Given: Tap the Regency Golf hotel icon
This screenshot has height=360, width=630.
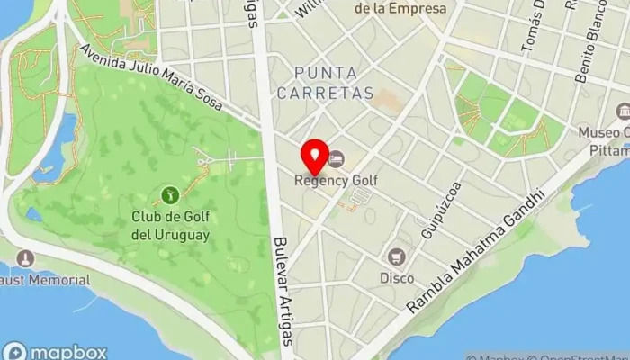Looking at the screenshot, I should [336, 159].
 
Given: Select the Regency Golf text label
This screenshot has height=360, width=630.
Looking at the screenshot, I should [336, 180].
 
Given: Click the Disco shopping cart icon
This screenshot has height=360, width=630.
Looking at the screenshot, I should [397, 256].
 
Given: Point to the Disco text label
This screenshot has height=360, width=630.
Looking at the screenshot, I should [397, 278].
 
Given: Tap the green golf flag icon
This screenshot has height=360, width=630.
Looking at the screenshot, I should [168, 193].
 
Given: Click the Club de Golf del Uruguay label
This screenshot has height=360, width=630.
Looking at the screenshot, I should [170, 225].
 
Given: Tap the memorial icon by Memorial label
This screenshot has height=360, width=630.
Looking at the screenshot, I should [24, 258].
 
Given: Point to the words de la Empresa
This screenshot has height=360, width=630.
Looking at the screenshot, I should [400, 8].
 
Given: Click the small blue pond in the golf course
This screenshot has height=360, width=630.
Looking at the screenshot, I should [34, 214].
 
